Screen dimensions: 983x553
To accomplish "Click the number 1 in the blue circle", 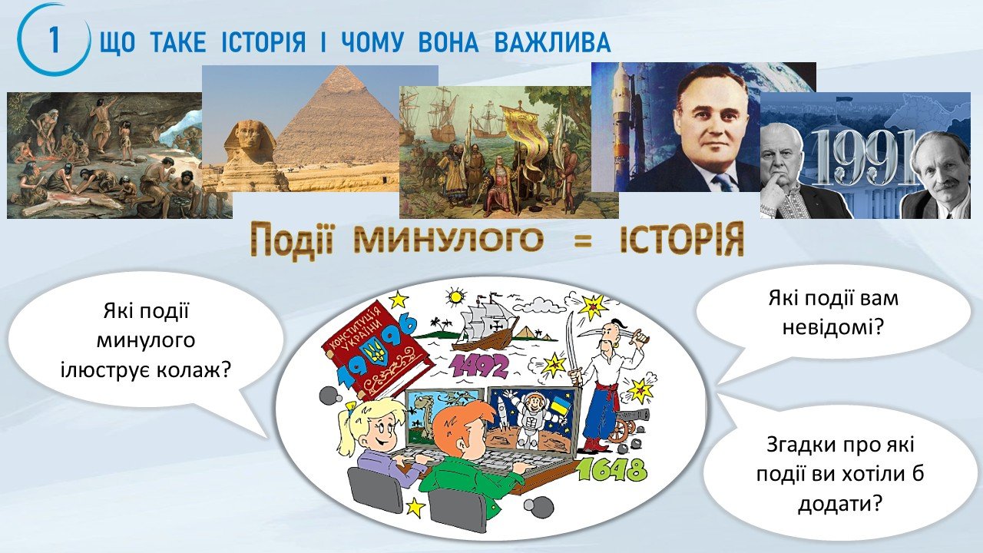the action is click(54, 40).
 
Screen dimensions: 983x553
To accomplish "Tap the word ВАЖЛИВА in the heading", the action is click(552, 42).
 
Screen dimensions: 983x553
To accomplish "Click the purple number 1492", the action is click(478, 367).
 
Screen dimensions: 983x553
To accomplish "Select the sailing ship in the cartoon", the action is click(486, 324).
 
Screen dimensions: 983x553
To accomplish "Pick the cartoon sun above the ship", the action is click(455, 297).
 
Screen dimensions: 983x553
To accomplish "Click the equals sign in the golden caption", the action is click(582, 240).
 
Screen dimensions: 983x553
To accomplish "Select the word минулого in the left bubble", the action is click(146, 340).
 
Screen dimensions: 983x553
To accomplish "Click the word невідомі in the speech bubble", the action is click(832, 327).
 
